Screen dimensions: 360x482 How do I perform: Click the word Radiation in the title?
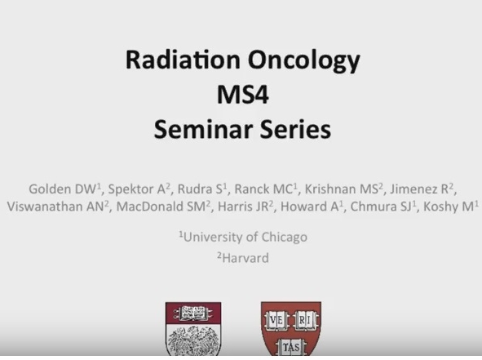tap(176, 61)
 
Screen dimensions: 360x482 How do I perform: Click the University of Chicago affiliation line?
tap(242, 237)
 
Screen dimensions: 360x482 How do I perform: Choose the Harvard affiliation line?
tap(242, 257)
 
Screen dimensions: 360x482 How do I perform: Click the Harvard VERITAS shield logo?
tap(291, 329)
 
